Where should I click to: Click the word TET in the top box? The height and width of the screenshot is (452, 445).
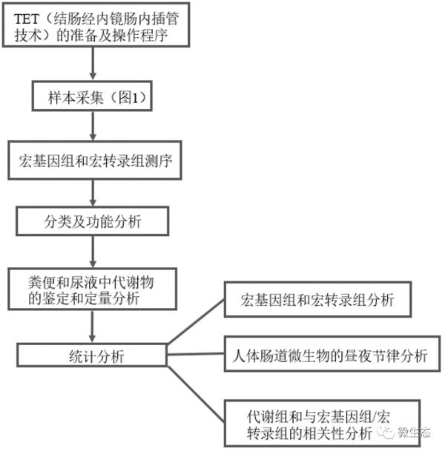tap(26, 19)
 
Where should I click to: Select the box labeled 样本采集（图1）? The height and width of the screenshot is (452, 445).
tap(92, 96)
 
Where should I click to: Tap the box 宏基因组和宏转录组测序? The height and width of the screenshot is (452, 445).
tap(95, 160)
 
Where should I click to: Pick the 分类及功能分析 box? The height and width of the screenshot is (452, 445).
tap(92, 221)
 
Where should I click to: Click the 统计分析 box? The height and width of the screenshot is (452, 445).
tap(92, 355)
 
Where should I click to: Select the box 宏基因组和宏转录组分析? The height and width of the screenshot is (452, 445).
tap(317, 300)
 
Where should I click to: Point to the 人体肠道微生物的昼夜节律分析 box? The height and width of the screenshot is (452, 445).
tap(332, 354)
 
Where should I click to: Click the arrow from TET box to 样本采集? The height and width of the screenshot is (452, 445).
tap(93, 63)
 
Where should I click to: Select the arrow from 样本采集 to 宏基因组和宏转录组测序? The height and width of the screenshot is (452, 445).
tap(93, 126)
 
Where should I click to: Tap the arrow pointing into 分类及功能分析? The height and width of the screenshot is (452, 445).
tap(93, 193)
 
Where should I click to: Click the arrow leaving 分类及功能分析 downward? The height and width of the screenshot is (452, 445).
tap(93, 252)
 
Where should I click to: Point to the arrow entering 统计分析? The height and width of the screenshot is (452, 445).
tap(92, 327)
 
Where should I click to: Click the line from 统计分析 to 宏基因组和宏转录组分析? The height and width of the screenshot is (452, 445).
tap(196, 321)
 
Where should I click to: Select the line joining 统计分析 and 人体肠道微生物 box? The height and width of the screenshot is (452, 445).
tap(196, 354)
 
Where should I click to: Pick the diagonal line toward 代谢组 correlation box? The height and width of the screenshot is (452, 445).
tap(196, 394)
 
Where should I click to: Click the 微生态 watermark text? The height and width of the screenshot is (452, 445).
tap(414, 432)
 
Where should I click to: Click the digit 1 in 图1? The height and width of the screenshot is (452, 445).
tap(134, 97)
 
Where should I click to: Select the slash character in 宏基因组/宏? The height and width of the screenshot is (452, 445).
tap(373, 417)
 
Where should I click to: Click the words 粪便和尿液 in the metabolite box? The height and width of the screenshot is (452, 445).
tap(63, 282)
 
